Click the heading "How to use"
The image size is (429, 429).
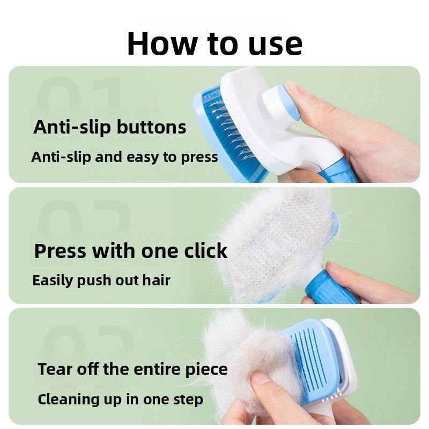click(215, 44)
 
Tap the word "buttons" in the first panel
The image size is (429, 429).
click(151, 127)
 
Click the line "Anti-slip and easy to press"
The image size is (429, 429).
click(124, 157)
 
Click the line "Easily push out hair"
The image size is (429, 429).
click(101, 280)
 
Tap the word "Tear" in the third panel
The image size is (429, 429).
click(56, 369)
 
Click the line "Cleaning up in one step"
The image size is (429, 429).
click(120, 400)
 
